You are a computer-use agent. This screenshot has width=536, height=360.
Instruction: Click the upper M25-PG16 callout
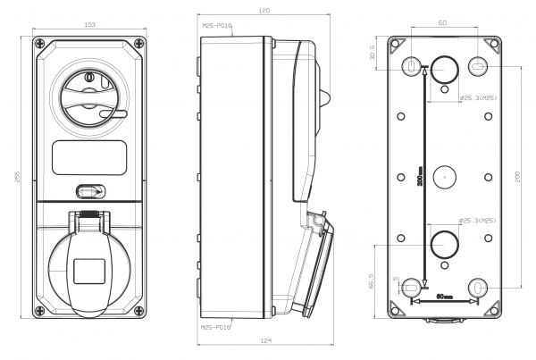(x=218, y=27)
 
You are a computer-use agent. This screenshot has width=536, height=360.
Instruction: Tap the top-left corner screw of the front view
(x=40, y=45)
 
